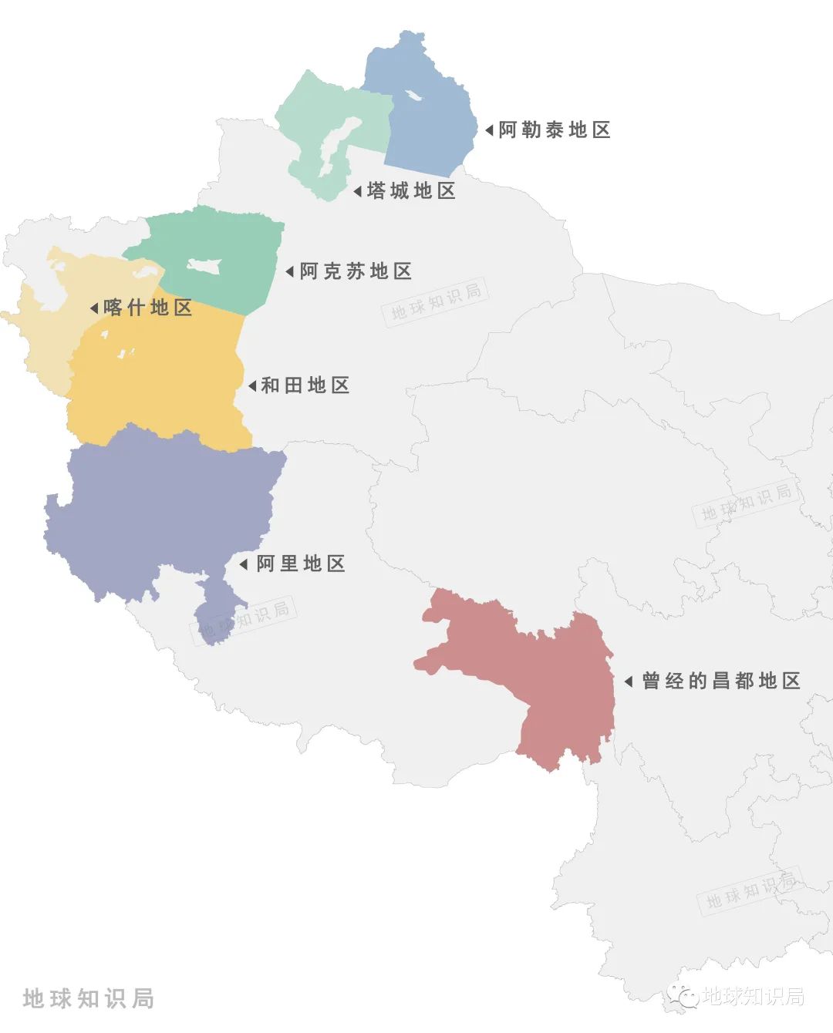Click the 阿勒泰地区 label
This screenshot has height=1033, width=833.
[554, 130]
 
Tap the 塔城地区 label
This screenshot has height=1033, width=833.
[411, 190]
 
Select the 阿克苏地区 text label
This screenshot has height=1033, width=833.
[356, 271]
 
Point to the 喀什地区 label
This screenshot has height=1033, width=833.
[147, 308]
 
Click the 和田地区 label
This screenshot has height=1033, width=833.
[305, 385]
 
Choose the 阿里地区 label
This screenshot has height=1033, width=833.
[300, 564]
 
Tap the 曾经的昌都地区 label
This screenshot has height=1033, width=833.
[720, 681]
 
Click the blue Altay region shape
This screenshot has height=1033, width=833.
[432, 131]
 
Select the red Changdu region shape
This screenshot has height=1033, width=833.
[555, 678]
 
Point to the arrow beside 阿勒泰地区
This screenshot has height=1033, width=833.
[489, 130]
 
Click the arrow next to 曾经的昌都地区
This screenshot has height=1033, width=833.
[628, 681]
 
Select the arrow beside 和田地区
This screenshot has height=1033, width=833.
[251, 385]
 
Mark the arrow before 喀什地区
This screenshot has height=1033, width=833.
[93, 308]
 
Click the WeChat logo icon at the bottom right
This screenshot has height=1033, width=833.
[683, 996]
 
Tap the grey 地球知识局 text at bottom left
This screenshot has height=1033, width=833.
[89, 998]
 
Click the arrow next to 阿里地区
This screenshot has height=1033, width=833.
[243, 564]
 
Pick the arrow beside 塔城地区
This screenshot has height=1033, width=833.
[357, 191]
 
